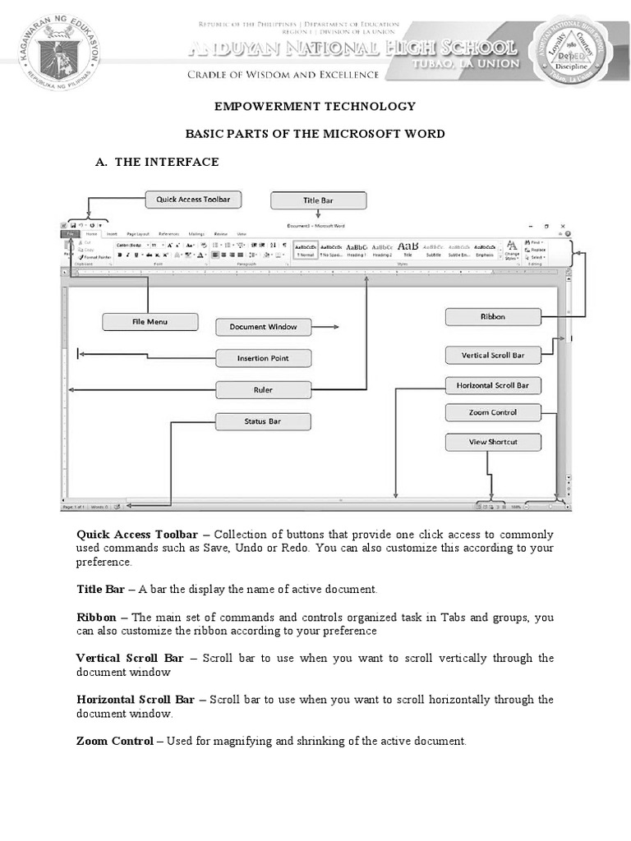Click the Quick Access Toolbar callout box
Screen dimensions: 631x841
click(x=193, y=199)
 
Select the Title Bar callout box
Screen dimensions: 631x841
click(x=318, y=200)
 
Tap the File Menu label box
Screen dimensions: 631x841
click(x=150, y=322)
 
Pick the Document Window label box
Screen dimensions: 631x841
click(x=263, y=327)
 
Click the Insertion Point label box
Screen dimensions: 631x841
click(x=263, y=358)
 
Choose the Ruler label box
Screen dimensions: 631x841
click(x=263, y=389)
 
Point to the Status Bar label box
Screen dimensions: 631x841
click(x=263, y=421)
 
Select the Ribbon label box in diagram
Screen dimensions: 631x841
click(x=493, y=316)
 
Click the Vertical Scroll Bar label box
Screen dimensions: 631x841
click(x=493, y=356)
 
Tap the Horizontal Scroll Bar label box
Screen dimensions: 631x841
click(x=493, y=385)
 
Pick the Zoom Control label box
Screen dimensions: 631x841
click(x=493, y=412)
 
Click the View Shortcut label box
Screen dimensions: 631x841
click(x=493, y=442)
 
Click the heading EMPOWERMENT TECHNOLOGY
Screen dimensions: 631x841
click(x=315, y=107)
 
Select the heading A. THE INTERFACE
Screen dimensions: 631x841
click(x=157, y=162)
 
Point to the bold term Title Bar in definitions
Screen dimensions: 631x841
click(x=100, y=589)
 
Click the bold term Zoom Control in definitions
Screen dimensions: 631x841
click(x=114, y=741)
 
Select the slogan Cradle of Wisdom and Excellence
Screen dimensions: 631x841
click(x=283, y=75)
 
